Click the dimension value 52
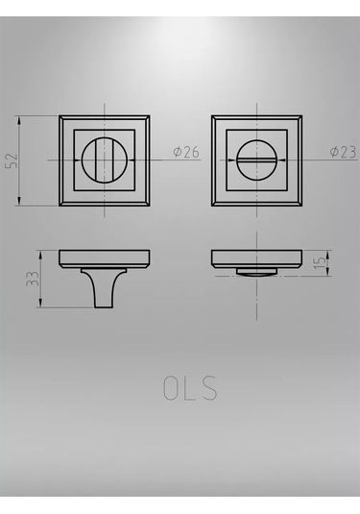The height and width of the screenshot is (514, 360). coord(12,160)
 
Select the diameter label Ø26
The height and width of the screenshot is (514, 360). coord(186,152)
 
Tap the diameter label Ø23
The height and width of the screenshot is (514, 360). coord(343,152)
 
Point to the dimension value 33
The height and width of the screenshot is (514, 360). coord(33,279)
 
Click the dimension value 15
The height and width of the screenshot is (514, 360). coord(320,263)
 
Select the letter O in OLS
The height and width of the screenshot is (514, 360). coord(171,388)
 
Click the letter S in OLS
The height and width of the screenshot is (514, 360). coord(208,388)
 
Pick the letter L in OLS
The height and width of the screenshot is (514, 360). coord(189,388)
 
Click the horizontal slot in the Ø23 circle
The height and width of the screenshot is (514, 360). coord(256,160)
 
